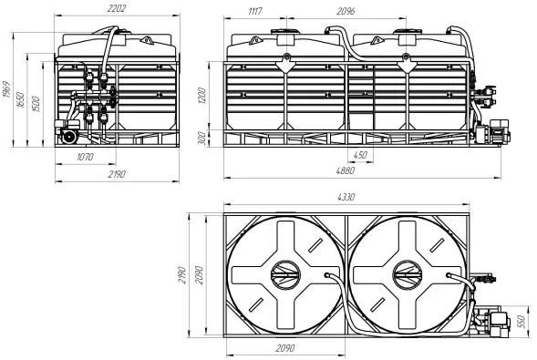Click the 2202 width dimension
[117, 8]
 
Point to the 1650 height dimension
[21, 100]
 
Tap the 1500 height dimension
[36, 104]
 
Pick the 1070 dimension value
[85, 157]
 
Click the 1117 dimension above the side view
[255, 11]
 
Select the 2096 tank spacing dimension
[346, 11]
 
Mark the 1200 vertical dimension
[201, 96]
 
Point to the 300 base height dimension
[202, 139]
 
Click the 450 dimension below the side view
[360, 155]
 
